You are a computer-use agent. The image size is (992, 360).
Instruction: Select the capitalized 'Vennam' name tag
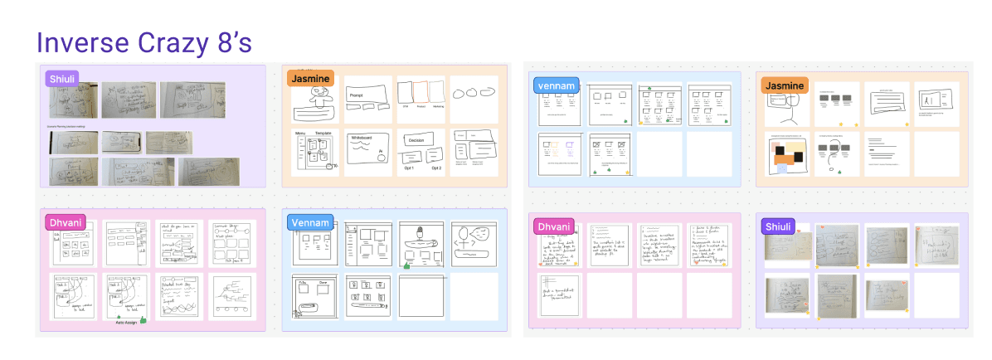(x=310, y=221)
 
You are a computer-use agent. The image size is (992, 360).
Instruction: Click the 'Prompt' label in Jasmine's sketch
(x=357, y=96)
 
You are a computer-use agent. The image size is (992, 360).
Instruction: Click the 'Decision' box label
(x=416, y=141)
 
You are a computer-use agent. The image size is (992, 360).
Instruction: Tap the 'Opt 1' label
(x=406, y=168)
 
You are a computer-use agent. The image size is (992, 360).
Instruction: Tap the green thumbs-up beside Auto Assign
(x=143, y=319)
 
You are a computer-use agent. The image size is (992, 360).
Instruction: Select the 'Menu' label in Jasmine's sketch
(x=300, y=133)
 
